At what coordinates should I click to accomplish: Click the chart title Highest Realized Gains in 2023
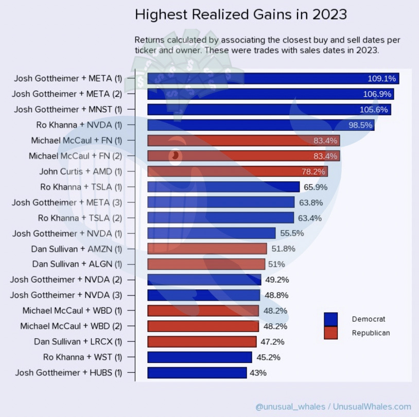pos(240,14)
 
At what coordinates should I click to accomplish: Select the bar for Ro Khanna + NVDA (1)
pos(260,125)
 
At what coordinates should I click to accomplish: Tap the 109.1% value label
pos(381,79)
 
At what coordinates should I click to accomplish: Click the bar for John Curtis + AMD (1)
pos(237,171)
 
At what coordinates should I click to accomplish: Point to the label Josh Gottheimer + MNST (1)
pos(68,109)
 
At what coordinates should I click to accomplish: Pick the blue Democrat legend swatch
pos(331,319)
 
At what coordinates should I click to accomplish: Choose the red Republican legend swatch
pos(331,333)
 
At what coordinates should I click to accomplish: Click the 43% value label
pos(258,373)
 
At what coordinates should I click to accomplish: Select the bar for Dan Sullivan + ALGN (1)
pos(206,264)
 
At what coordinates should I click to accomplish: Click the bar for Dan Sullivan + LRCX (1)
pos(202,341)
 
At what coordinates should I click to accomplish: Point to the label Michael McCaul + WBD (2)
pos(71,326)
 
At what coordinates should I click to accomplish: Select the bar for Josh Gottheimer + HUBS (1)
pos(197,372)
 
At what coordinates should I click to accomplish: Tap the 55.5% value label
pos(292,233)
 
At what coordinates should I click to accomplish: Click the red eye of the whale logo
pos(175,154)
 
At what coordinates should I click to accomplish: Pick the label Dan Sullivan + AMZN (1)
pos(77,249)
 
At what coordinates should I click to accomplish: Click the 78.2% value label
pos(313,171)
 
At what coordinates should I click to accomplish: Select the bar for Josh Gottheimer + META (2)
pos(270,94)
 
